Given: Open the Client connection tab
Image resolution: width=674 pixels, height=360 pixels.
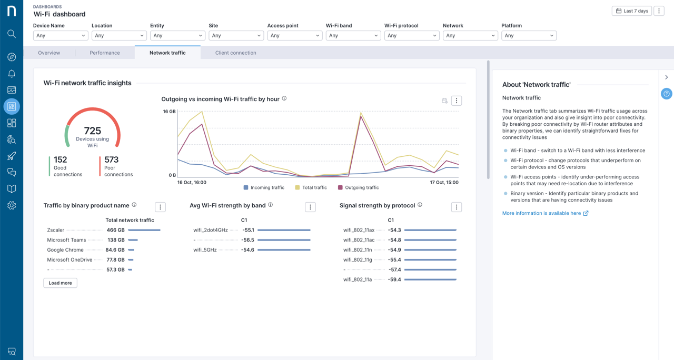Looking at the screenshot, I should (x=235, y=53).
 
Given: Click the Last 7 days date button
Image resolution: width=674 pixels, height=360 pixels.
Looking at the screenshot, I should (x=631, y=11).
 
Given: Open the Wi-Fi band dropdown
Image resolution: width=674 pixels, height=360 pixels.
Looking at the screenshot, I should (x=353, y=36).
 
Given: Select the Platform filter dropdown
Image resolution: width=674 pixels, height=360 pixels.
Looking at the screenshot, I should (x=529, y=36).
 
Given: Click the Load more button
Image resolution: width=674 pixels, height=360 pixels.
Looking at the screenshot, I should (x=60, y=283).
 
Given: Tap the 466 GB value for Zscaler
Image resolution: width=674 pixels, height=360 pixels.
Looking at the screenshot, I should (x=115, y=230).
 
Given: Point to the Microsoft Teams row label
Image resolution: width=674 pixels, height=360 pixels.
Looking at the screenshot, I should (x=66, y=240).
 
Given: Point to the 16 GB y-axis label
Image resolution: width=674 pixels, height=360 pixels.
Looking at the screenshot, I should (x=169, y=112).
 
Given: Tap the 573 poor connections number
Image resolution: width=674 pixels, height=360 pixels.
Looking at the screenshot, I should (x=111, y=159).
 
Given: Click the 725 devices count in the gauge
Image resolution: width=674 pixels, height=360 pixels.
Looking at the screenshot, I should (x=92, y=131).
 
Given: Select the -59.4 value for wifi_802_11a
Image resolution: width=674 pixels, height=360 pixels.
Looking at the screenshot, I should (x=394, y=279).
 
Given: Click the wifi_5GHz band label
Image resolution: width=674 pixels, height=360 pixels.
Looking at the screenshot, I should (x=205, y=250).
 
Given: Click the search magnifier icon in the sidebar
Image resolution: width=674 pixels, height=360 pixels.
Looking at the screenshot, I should (x=12, y=34).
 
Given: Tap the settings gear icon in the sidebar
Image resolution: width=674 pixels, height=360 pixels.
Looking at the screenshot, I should (x=12, y=205).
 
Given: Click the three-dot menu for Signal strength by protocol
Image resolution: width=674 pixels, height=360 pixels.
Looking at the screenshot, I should (x=456, y=207).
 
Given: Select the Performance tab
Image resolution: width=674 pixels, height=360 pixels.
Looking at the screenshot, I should (x=105, y=53).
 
